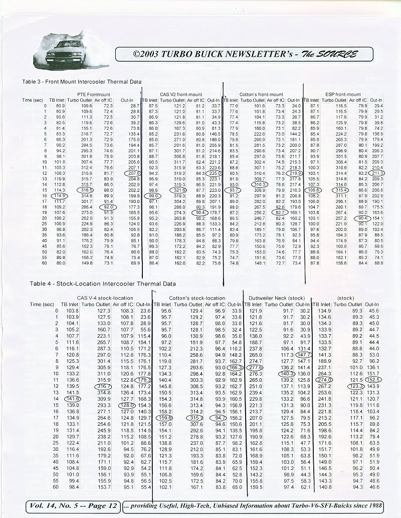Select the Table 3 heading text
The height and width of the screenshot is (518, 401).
pos(82,81)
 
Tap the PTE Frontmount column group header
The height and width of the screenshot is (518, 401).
pos(94,94)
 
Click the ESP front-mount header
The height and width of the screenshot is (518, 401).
pos(343,94)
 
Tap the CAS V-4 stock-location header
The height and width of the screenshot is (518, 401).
pos(105,298)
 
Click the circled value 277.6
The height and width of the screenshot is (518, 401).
pos(255,367)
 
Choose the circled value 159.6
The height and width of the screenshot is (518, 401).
pos(165,417)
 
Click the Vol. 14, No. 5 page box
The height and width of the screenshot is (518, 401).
pos(73,506)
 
